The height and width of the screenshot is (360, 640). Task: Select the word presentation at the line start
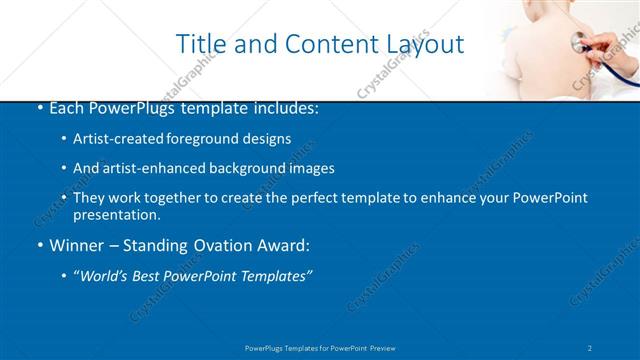[x=116, y=214]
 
